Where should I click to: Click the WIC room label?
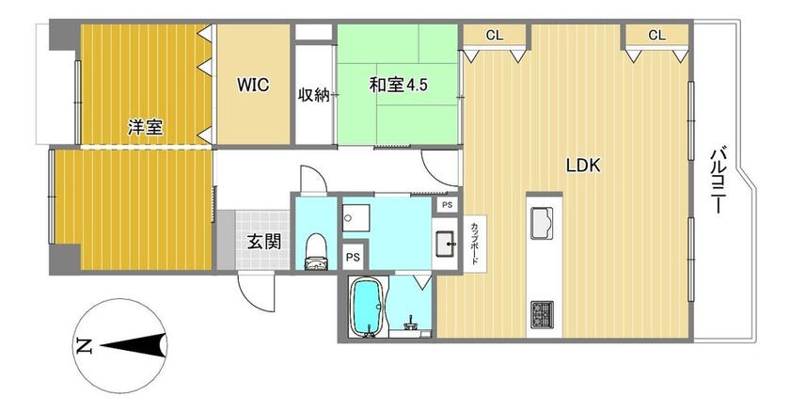(x=253, y=84)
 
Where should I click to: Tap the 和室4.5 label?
(x=398, y=85)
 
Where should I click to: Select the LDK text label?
(x=583, y=166)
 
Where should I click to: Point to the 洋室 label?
(x=145, y=127)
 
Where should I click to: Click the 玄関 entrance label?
(x=264, y=243)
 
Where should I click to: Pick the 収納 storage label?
(x=314, y=95)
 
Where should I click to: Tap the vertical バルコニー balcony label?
(x=718, y=180)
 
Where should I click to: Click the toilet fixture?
(x=316, y=251)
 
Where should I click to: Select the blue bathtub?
(x=366, y=307)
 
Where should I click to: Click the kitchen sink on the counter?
(x=542, y=223)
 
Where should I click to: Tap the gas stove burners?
(x=542, y=313)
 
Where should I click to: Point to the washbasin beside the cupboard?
(x=446, y=244)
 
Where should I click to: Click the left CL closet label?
(x=495, y=35)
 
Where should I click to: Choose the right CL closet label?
(x=656, y=35)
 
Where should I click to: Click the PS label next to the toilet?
(x=353, y=258)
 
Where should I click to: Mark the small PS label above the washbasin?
(x=447, y=205)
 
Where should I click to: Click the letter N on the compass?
(x=84, y=346)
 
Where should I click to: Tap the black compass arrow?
(x=134, y=346)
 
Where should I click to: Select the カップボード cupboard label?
(x=475, y=244)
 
